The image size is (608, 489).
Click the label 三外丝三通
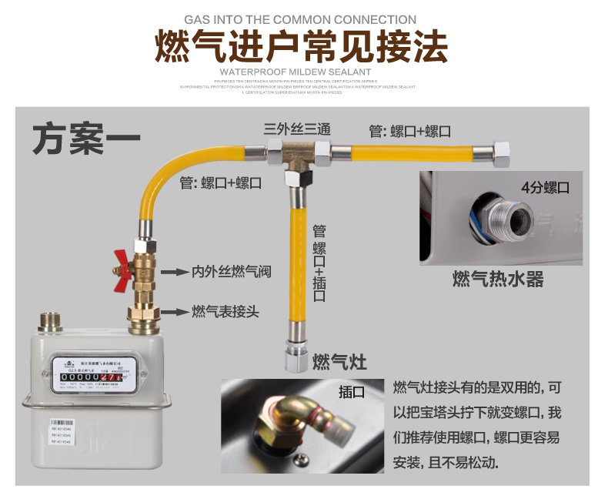point(298,129)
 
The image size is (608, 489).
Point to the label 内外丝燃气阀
point(231,272)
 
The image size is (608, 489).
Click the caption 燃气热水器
point(497,279)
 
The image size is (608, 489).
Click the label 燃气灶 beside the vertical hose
point(339,361)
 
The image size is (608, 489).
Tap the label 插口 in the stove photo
point(352,392)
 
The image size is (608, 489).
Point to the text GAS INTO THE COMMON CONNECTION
point(301,19)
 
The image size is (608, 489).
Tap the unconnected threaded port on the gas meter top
point(52,322)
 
